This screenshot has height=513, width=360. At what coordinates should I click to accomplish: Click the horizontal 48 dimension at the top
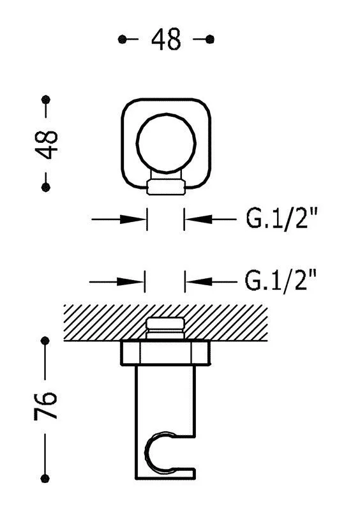tap(166, 40)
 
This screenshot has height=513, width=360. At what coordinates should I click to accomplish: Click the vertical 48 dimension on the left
tap(46, 145)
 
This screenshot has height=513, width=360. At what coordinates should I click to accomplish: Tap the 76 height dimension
tap(45, 405)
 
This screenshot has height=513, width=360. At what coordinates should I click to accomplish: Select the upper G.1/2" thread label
tap(281, 219)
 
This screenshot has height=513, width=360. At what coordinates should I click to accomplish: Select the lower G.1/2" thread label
tap(281, 281)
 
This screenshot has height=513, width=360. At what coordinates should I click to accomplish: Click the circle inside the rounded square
tap(167, 144)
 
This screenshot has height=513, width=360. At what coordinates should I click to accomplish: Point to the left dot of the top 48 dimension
tap(122, 40)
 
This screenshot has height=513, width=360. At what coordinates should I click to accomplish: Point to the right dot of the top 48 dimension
tap(210, 40)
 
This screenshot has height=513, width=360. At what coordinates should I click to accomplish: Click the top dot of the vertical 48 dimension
tap(46, 99)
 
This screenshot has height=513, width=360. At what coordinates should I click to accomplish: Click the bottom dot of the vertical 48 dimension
tap(46, 188)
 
